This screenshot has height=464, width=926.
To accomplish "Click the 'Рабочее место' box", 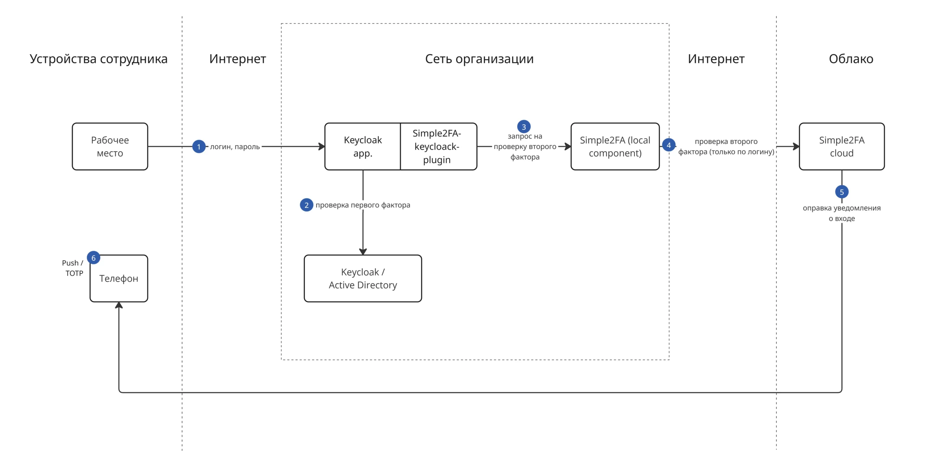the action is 110,146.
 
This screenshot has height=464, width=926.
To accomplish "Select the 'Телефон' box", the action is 119,278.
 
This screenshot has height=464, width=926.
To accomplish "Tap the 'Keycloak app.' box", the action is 362,146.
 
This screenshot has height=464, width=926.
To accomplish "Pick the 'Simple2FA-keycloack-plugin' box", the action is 438,146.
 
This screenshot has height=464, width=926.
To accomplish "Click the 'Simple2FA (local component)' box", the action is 615,146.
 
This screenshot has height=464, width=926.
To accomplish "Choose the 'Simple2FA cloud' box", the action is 842,146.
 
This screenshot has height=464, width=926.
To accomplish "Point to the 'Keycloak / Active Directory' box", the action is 363,278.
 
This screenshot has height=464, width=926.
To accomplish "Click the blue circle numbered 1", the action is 199,146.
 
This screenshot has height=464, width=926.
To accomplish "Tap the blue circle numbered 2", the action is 306,205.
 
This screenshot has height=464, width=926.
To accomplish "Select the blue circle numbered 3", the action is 524,127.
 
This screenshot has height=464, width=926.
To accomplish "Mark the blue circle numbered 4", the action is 668,145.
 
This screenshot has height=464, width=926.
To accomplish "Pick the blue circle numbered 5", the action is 842,192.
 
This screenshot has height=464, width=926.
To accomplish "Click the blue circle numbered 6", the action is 93,258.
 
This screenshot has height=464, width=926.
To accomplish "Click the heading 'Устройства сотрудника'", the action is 98,59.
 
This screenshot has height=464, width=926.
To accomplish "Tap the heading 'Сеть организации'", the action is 479,59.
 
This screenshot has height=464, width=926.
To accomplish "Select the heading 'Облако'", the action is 851,59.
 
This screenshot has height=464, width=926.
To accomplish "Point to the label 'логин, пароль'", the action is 235,147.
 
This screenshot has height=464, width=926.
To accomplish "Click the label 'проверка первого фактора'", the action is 363,205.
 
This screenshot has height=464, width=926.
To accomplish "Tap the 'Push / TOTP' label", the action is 73,268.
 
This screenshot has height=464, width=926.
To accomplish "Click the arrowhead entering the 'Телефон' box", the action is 119,305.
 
